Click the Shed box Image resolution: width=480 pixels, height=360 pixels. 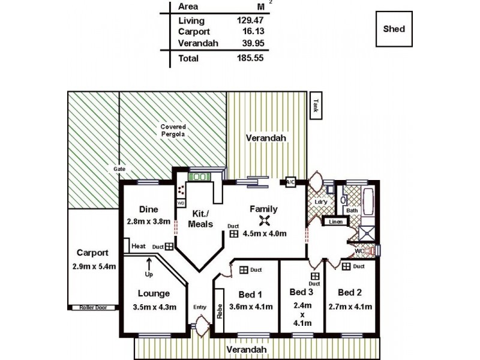pyautogui.click(x=394, y=29)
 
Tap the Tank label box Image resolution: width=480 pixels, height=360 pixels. pyautogui.click(x=316, y=106)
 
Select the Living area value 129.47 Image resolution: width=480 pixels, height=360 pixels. pyautogui.click(x=250, y=20)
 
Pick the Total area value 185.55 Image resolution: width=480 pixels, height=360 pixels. pyautogui.click(x=250, y=58)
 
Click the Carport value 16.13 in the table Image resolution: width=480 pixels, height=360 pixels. pyautogui.click(x=253, y=31)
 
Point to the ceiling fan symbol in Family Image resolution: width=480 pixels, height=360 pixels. pyautogui.click(x=264, y=220)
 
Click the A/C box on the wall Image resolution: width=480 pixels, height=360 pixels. pyautogui.click(x=290, y=182)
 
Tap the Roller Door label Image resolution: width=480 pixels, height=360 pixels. pyautogui.click(x=93, y=307)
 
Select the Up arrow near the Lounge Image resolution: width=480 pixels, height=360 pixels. pyautogui.click(x=149, y=263)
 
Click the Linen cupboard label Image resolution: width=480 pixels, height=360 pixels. pyautogui.click(x=335, y=221)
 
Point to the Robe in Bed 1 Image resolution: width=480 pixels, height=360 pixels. pyautogui.click(x=220, y=311)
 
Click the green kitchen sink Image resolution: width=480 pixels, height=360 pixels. pyautogui.click(x=199, y=177)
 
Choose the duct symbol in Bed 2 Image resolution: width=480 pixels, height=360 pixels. pyautogui.click(x=346, y=266)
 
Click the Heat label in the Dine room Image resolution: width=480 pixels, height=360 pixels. pyautogui.click(x=139, y=246)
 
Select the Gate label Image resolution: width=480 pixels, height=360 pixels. pyautogui.click(x=119, y=169)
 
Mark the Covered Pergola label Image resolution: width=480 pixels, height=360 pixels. pyautogui.click(x=173, y=130)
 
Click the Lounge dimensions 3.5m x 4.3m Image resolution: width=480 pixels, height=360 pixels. pyautogui.click(x=155, y=307)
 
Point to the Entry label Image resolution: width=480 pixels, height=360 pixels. pyautogui.click(x=200, y=307)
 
